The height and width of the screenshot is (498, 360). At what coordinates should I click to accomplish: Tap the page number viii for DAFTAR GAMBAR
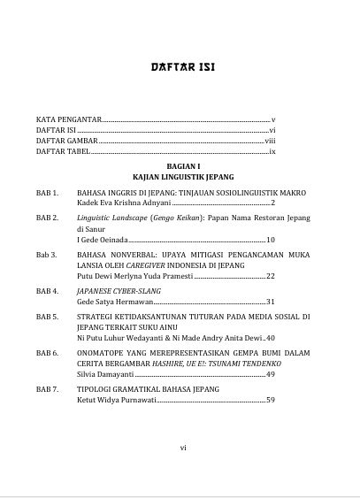coord(271,142)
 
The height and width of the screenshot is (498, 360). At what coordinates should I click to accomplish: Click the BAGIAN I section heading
coord(180,165)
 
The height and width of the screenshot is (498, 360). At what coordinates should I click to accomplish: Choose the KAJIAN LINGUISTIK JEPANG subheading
coord(180,177)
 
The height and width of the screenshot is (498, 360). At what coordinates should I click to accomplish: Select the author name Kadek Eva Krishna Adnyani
coord(122,203)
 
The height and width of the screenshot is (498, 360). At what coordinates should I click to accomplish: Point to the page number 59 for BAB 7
coord(271,400)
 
